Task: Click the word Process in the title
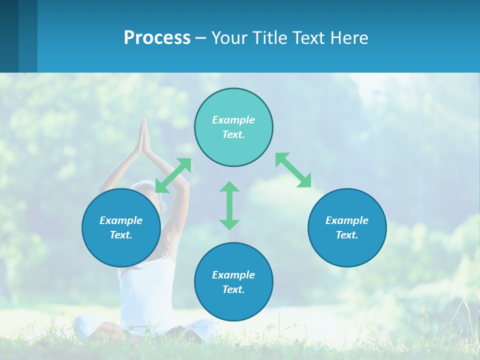click(157, 37)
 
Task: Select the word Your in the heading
click(228, 37)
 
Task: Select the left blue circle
click(121, 250)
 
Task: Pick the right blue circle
click(347, 250)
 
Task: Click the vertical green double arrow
click(229, 205)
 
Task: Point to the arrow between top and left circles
click(173, 175)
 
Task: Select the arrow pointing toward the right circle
click(293, 170)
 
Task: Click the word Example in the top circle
click(233, 120)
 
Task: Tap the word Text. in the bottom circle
click(233, 289)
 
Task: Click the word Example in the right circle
click(347, 220)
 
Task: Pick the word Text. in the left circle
click(121, 235)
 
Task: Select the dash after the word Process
click(201, 38)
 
